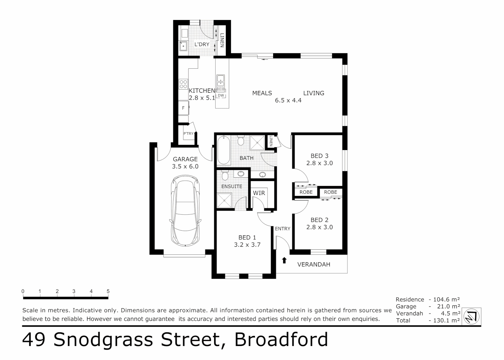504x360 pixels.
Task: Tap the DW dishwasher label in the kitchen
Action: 221,95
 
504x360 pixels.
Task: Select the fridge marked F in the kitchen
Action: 183,108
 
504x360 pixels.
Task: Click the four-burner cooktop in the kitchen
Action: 183,84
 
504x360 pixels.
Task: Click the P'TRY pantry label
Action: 188,134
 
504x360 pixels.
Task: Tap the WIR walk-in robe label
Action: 259,193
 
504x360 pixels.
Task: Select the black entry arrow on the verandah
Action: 284,260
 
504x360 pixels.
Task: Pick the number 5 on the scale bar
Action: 108,291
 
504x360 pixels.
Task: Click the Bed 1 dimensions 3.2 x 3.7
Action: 247,245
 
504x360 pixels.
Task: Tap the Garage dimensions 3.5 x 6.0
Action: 185,166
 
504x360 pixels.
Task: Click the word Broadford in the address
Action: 281,340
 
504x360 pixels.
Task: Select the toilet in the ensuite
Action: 225,175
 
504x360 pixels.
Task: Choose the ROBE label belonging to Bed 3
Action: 306,192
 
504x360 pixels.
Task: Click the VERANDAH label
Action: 313,264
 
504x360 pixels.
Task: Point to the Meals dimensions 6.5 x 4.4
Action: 288,100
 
